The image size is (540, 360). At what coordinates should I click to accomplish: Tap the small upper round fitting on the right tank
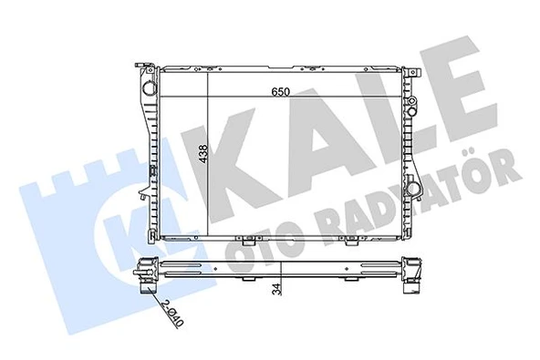click(x=410, y=95)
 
